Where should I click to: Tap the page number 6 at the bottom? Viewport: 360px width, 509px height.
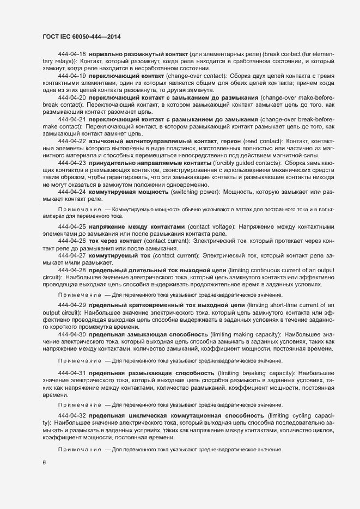[44, 463]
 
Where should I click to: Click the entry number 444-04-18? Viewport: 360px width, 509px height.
[72, 54]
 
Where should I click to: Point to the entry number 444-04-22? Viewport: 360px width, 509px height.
[72, 141]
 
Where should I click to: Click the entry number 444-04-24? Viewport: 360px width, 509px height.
[72, 192]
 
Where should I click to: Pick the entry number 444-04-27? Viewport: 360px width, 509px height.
[72, 255]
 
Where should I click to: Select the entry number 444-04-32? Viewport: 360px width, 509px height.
[72, 415]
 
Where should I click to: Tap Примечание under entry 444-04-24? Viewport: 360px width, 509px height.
[80, 209]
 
